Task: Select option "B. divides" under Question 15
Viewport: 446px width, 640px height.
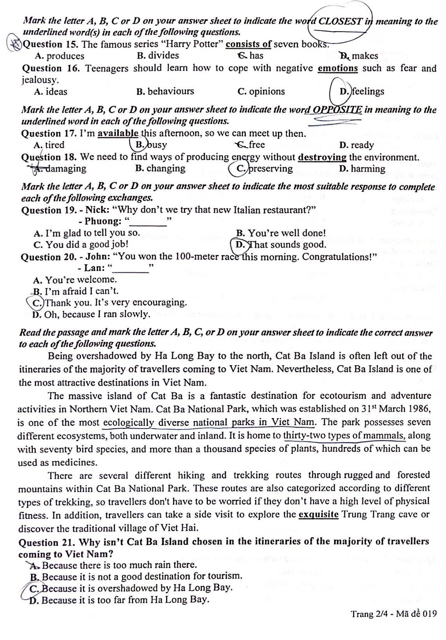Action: coord(158,56)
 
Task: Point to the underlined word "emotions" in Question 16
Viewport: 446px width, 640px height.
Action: coord(338,68)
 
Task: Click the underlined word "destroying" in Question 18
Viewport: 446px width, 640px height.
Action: coord(322,157)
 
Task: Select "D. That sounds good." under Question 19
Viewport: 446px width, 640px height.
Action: coord(280,245)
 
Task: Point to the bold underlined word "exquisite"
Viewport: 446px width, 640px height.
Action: coord(319,514)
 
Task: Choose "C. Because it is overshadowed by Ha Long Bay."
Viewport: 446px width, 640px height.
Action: coord(131,588)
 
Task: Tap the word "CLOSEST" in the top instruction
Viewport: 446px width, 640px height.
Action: coord(340,22)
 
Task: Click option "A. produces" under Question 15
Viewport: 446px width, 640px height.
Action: coord(59,56)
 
